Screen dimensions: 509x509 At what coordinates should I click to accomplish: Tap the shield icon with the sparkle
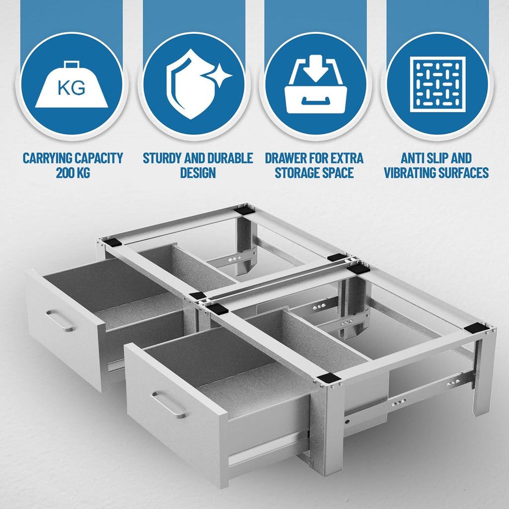195,84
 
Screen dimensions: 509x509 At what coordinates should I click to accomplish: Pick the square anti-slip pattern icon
437,85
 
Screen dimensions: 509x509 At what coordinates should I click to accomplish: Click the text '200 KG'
73,172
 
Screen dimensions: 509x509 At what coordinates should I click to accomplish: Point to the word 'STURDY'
163,158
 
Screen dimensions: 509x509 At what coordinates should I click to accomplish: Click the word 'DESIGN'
198,172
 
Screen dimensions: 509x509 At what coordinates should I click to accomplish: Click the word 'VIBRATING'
409,172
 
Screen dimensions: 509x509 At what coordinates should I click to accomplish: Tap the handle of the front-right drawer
169,405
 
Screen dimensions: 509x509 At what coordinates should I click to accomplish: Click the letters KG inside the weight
72,88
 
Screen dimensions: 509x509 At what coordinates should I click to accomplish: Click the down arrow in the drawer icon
316,68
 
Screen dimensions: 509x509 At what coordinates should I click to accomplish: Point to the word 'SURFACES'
463,172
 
